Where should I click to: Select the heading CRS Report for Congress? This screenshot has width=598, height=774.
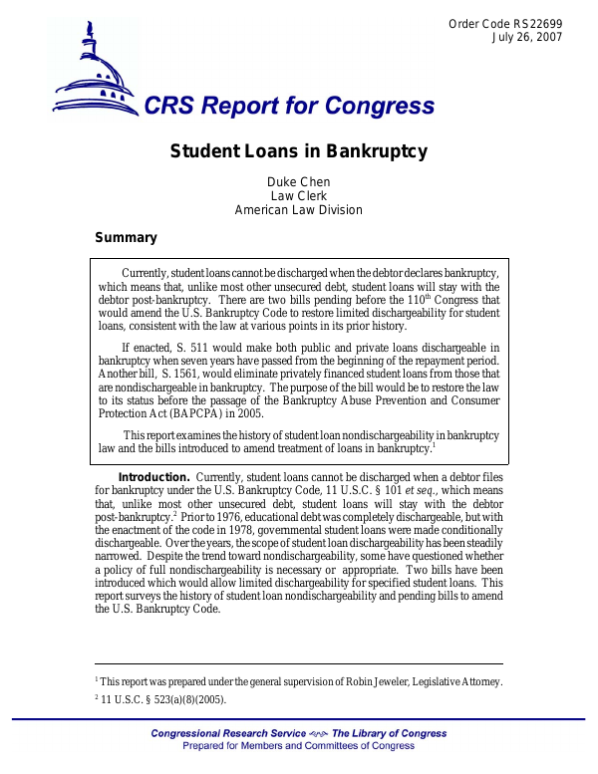pyautogui.click(x=289, y=107)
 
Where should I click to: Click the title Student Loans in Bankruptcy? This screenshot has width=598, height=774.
pyautogui.click(x=298, y=151)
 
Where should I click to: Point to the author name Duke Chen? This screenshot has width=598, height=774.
pyautogui.click(x=298, y=182)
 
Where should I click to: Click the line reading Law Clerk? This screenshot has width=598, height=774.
pyautogui.click(x=298, y=196)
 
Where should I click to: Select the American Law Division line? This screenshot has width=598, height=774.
pyautogui.click(x=298, y=210)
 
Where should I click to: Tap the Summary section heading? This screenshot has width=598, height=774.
pyautogui.click(x=126, y=238)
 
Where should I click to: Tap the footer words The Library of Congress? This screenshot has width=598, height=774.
pyautogui.click(x=390, y=734)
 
